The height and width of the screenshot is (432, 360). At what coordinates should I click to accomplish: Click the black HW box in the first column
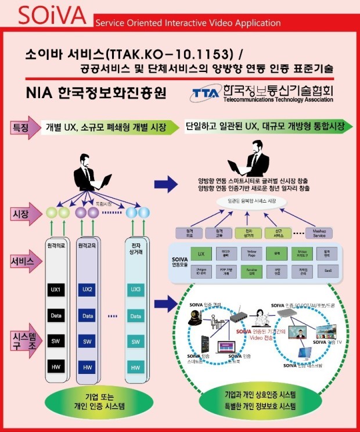[x=58, y=367]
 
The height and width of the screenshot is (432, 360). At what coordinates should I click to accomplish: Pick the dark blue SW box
[x=88, y=341]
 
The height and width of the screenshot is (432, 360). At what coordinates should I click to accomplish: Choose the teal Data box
[x=135, y=316]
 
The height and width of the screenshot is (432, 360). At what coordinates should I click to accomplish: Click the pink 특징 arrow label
[x=23, y=127]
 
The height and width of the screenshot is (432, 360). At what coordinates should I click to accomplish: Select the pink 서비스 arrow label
[x=22, y=262]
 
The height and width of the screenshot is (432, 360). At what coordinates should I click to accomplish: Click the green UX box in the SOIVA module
[x=200, y=255]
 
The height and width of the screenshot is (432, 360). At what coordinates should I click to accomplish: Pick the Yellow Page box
[x=253, y=255]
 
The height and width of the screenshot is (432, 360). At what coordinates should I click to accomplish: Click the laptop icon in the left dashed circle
[x=225, y=347]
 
